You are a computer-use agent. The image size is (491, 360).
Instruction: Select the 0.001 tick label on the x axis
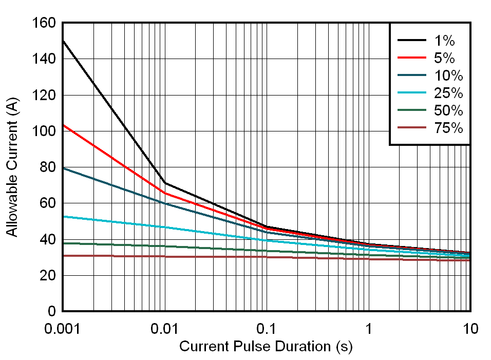(x=62, y=329)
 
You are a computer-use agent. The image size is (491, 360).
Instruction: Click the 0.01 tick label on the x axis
(x=164, y=329)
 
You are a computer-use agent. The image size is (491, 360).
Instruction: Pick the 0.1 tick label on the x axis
(x=267, y=329)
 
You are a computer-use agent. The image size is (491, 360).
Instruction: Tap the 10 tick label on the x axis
(x=470, y=329)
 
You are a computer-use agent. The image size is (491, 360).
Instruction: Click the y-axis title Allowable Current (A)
(x=12, y=167)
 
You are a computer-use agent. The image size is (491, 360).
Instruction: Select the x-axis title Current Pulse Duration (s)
(x=266, y=347)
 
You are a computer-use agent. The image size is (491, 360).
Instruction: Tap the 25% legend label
(x=448, y=93)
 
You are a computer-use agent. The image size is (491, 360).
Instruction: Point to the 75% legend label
(x=448, y=128)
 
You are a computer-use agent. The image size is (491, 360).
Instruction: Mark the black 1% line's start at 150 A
(x=63, y=41)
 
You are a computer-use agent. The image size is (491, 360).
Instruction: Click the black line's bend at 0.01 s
(x=164, y=183)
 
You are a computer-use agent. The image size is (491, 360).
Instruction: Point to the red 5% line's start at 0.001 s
(x=63, y=125)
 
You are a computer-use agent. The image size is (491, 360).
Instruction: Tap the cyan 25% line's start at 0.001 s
(x=63, y=216)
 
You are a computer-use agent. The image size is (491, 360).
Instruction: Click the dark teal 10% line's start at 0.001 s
(x=63, y=168)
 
